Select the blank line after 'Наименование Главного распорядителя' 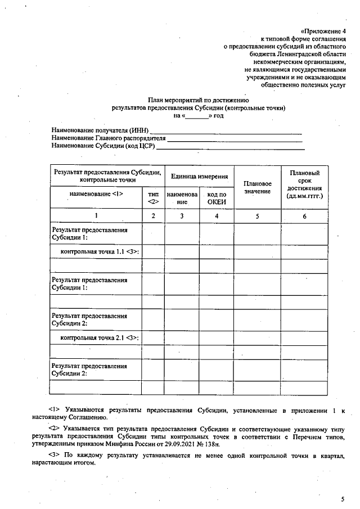(235, 139)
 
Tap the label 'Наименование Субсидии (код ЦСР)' (102, 146)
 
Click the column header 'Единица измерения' (199, 176)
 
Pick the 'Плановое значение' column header (257, 187)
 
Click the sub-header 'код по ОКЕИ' (217, 198)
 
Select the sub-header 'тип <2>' (153, 197)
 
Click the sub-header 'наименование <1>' (96, 193)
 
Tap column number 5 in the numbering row (257, 216)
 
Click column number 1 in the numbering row (96, 216)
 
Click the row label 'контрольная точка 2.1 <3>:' (100, 337)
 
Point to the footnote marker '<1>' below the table (54, 410)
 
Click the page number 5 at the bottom (342, 498)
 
